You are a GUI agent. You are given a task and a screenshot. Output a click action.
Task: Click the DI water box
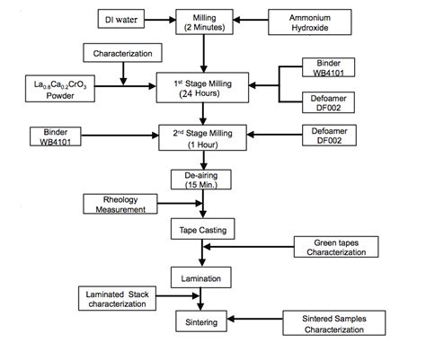click(x=122, y=18)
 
